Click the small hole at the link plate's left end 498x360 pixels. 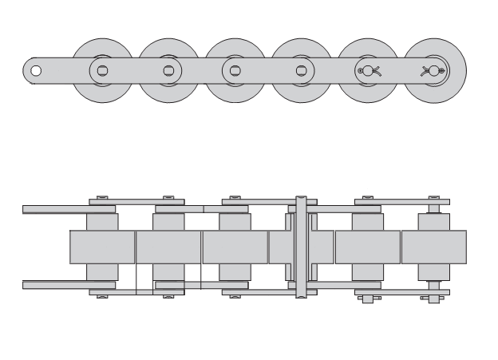(35, 70)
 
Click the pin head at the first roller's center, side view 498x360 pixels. (101, 70)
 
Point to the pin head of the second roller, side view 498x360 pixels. (168, 70)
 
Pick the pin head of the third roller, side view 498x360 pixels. (234, 70)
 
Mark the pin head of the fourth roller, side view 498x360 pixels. (300, 70)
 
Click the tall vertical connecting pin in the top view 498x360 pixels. (300, 246)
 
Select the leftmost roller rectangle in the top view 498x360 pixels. (102, 247)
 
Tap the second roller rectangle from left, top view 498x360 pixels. (168, 247)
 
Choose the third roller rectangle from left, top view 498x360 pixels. (234, 247)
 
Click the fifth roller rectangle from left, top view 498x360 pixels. (367, 247)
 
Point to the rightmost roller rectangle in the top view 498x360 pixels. (433, 247)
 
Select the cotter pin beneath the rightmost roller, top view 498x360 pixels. (433, 299)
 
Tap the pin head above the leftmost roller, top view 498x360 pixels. (101, 196)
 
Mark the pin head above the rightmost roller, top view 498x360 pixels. (433, 196)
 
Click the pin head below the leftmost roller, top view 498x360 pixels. (101, 296)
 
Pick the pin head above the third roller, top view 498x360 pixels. (234, 196)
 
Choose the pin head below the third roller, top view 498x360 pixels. (234, 296)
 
